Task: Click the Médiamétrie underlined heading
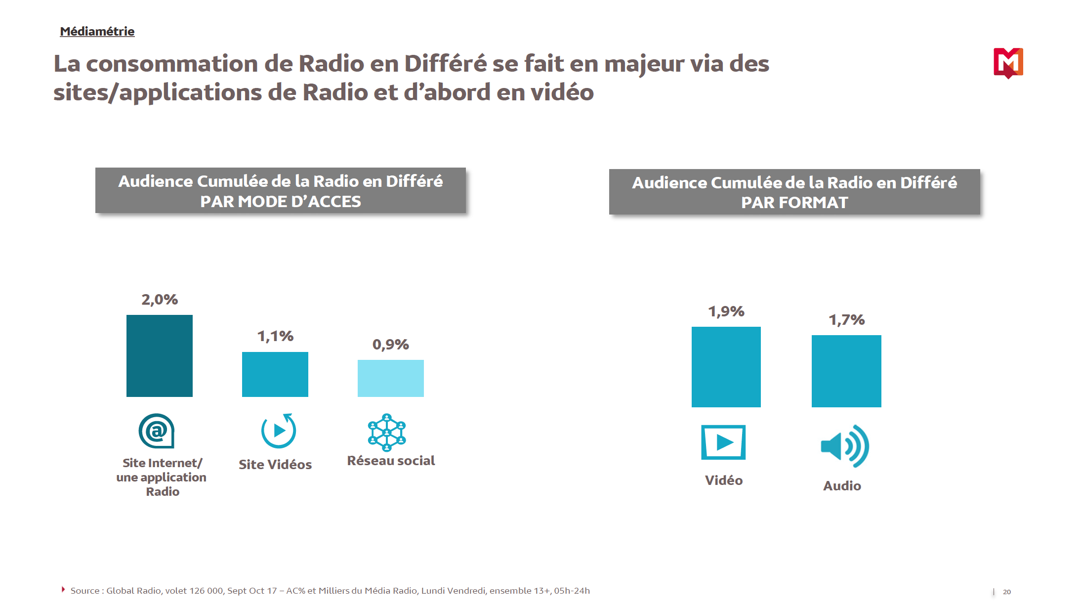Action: pos(97,32)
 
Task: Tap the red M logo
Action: pos(1008,63)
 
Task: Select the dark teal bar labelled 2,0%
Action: pos(159,355)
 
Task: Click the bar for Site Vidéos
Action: pos(275,374)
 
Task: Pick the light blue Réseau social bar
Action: pos(390,378)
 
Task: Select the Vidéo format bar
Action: pos(726,367)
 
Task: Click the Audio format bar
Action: pos(846,371)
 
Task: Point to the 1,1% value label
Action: pos(275,336)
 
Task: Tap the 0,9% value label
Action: pos(390,345)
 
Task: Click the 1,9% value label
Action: pos(726,311)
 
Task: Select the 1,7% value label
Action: pos(846,320)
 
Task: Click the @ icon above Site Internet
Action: pos(157,431)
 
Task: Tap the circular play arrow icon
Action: pos(279,431)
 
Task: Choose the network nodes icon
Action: pos(387,433)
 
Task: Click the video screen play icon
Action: pos(723,442)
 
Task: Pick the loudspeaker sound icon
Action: pos(844,446)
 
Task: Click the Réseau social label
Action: pos(391,461)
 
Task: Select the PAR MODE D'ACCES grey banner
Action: pos(280,191)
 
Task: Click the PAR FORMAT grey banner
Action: pos(794,192)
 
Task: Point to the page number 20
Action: pos(1006,592)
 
